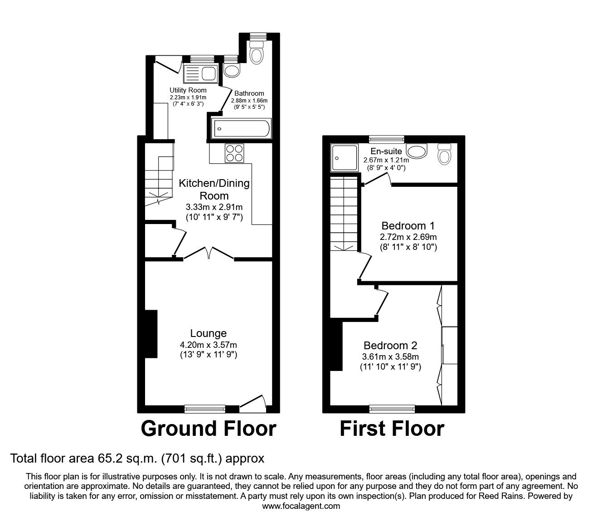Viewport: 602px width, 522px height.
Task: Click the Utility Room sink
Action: pyautogui.click(x=201, y=73)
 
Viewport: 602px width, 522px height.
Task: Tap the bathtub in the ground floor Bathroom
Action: pyautogui.click(x=241, y=128)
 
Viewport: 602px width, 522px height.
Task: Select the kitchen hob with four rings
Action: pyautogui.click(x=234, y=153)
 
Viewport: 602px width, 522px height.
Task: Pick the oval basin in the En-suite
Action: pyautogui.click(x=416, y=151)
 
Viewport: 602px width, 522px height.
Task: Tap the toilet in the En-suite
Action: pyautogui.click(x=445, y=154)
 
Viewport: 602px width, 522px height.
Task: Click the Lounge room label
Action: pyautogui.click(x=208, y=334)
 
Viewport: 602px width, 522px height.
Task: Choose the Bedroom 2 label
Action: pyautogui.click(x=390, y=346)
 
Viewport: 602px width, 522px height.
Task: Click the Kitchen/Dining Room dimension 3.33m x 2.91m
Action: pyautogui.click(x=214, y=207)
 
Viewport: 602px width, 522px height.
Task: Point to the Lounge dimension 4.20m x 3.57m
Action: pyautogui.click(x=208, y=344)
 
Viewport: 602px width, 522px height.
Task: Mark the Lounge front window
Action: pyautogui.click(x=205, y=409)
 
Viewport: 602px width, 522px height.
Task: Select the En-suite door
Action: pyautogui.click(x=377, y=180)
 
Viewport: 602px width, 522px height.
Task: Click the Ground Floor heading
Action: pyautogui.click(x=208, y=429)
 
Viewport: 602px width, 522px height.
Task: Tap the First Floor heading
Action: pyautogui.click(x=392, y=429)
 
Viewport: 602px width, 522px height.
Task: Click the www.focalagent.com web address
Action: pyautogui.click(x=301, y=506)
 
